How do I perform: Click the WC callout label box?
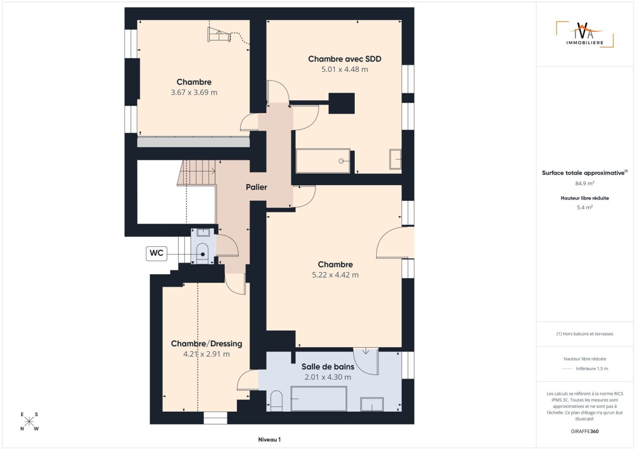click(156, 254)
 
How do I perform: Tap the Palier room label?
click(256, 187)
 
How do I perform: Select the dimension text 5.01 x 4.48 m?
click(344, 69)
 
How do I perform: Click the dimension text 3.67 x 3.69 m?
click(194, 92)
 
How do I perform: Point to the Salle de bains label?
click(328, 367)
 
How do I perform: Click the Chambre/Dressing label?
click(206, 344)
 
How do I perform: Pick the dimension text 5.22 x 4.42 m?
click(335, 275)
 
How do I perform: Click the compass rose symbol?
click(29, 422)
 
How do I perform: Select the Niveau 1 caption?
click(269, 440)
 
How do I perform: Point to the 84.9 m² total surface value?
click(585, 183)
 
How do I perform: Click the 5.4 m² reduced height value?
click(585, 208)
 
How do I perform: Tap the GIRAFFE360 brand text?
click(585, 431)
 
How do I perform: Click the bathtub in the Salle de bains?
click(319, 398)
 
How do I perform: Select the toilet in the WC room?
click(202, 253)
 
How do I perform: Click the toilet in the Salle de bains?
click(276, 401)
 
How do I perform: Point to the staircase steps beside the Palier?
click(196, 173)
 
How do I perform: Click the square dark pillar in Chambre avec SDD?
click(341, 103)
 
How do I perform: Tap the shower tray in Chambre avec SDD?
click(323, 161)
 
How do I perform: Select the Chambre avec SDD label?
click(344, 59)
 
